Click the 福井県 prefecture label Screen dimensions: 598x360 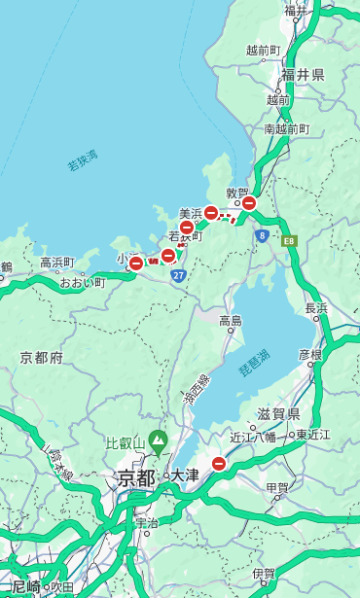[303, 75]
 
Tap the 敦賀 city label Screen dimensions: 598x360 [238, 193]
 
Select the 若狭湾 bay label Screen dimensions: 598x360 [83, 159]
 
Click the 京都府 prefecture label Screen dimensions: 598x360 [42, 358]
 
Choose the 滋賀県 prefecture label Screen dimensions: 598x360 [277, 413]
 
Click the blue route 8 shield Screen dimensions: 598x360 [262, 235]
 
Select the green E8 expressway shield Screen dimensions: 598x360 [289, 240]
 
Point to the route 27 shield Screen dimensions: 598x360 [178, 276]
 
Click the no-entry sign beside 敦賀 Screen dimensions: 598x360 [249, 203]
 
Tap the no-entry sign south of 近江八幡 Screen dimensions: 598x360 [219, 464]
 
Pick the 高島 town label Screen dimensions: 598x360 [231, 321]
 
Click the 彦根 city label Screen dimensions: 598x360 [309, 355]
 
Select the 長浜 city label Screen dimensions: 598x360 [316, 308]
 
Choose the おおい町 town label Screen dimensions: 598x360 [82, 283]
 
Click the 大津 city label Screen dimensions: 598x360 [184, 476]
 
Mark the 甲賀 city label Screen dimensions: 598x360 [276, 487]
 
